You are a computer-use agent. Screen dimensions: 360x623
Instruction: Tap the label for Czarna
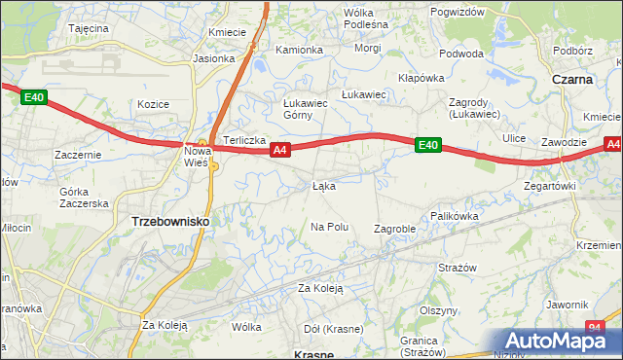pos(573,79)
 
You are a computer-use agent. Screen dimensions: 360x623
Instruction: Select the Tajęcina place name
pos(89,29)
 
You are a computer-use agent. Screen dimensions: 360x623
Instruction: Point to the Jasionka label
pos(214,58)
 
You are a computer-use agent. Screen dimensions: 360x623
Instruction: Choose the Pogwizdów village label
pos(457,12)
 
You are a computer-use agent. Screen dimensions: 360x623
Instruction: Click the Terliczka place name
pos(245,140)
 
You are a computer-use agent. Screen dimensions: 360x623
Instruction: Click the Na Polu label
pos(329,227)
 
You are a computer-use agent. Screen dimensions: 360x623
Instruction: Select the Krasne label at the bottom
pos(313,355)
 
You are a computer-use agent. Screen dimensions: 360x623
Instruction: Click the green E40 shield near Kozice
pos(34,96)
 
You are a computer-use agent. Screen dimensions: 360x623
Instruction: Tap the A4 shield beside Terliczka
pos(280,150)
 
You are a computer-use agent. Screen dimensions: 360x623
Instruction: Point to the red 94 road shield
pos(596,329)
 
